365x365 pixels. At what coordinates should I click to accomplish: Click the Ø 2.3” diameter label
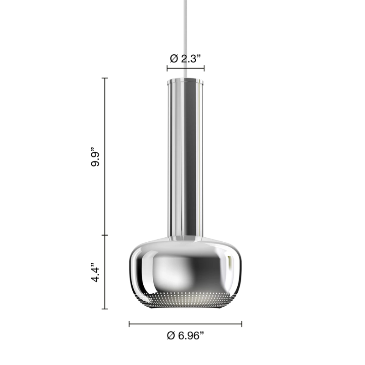[x=185, y=58]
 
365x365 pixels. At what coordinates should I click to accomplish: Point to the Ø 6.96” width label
[x=185, y=335]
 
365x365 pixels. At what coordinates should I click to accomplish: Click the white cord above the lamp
[x=185, y=36]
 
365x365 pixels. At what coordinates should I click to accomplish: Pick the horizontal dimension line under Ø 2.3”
[x=185, y=69]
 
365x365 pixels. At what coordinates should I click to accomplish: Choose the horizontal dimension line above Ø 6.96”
[x=185, y=324]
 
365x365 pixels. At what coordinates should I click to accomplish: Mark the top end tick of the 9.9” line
[x=106, y=78]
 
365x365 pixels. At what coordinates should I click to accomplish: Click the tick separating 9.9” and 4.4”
[x=106, y=235]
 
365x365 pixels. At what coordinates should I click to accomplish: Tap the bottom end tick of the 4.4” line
[x=106, y=309]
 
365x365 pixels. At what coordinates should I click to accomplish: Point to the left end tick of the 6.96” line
[x=130, y=324]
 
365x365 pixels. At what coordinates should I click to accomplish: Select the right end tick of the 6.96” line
[x=241, y=324]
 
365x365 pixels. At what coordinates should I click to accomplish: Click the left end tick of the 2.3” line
[x=167, y=69]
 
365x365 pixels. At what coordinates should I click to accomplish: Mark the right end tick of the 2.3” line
[x=204, y=69]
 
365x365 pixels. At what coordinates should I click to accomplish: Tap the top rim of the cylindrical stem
[x=185, y=80]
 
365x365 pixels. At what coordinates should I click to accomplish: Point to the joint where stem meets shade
[x=185, y=239]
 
